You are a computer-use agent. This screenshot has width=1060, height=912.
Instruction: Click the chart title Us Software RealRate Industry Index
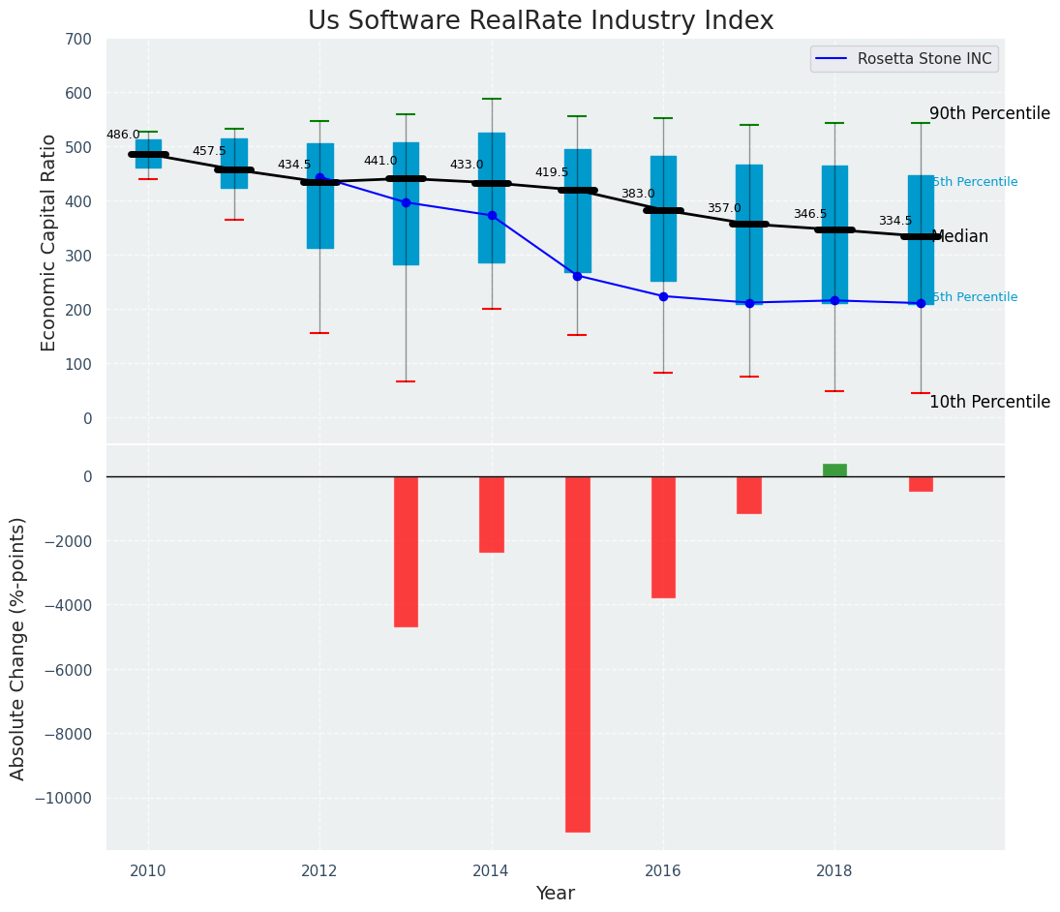click(540, 21)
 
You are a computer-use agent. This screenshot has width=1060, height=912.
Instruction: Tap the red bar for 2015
click(578, 654)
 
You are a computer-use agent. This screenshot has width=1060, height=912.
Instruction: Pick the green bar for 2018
click(834, 471)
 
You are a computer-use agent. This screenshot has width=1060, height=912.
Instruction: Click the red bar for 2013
click(406, 552)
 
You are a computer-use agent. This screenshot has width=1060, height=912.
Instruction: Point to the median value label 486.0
click(123, 136)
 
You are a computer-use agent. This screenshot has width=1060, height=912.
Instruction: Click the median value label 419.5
click(552, 173)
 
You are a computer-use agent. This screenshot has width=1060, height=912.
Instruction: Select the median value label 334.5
click(895, 222)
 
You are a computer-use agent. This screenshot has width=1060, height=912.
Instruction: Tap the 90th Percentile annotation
click(989, 114)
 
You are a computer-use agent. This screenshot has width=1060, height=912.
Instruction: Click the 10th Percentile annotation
click(989, 403)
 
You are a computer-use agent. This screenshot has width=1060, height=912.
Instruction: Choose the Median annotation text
click(960, 237)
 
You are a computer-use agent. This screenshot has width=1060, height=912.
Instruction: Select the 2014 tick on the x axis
click(492, 870)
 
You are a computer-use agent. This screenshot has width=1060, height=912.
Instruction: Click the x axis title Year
click(556, 894)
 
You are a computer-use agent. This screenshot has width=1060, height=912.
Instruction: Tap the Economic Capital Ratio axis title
click(49, 242)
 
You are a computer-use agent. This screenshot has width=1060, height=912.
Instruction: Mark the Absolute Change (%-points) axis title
click(18, 648)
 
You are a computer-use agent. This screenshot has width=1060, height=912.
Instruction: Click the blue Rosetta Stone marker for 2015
click(577, 276)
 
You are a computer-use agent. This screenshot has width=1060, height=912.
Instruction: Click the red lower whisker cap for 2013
click(406, 381)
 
